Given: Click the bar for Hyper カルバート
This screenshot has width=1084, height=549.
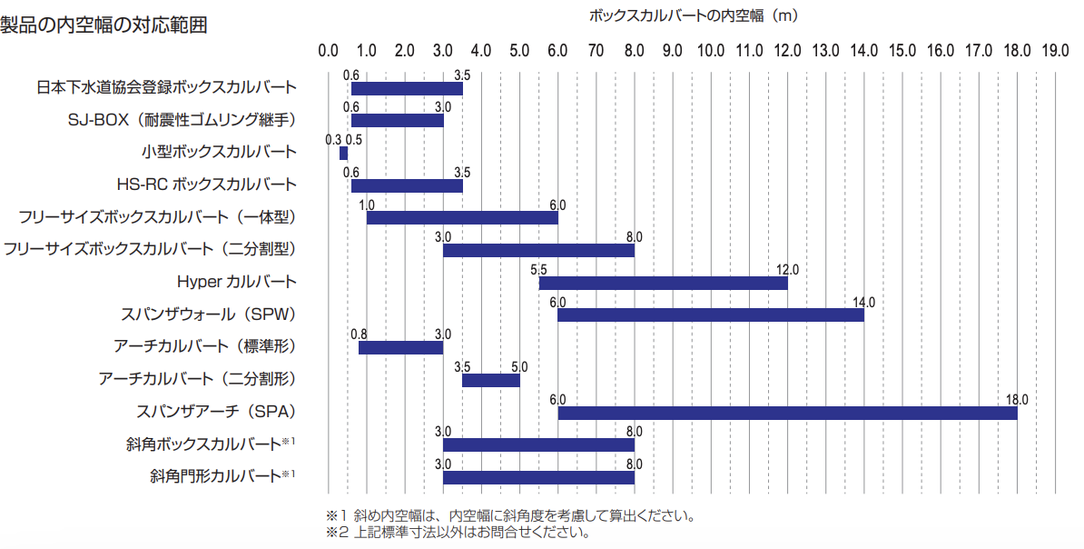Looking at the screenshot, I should point(663,283).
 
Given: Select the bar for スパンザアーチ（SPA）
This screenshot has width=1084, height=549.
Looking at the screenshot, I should point(787,413).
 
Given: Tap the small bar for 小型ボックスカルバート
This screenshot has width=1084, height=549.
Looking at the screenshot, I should point(343,153).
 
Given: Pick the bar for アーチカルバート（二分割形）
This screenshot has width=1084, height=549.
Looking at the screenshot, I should point(490,380).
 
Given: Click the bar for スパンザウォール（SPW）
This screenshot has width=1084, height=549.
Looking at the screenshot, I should point(710,315).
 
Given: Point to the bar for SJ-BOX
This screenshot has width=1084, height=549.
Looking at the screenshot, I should point(397,120).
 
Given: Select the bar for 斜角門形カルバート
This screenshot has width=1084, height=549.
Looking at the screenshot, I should point(538,477).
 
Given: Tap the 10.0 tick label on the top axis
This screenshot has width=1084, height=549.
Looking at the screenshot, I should point(711,50).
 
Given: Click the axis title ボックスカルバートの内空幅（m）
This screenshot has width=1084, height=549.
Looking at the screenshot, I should point(693,15).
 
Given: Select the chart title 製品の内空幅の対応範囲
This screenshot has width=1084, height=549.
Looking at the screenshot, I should point(103,25).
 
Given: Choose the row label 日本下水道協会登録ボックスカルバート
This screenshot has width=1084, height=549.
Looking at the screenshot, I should point(166,88).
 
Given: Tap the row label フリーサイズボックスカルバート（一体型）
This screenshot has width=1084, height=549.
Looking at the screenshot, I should point(157,217).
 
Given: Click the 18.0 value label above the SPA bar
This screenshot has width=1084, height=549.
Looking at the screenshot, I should point(1017,399).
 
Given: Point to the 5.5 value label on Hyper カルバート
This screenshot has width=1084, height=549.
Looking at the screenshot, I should point(538,269).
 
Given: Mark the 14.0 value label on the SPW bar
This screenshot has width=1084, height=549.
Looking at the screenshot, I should point(863,302).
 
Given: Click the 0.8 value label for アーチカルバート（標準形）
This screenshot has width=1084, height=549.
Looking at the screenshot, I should point(359,334).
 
